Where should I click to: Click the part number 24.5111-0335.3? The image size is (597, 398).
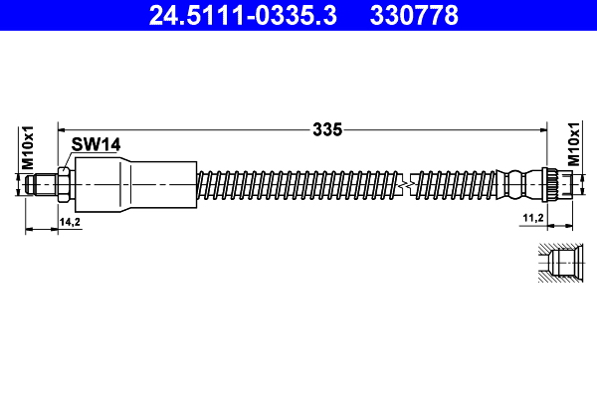(234, 15)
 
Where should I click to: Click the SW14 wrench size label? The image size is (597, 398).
(96, 144)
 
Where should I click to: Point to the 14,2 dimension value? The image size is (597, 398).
(70, 220)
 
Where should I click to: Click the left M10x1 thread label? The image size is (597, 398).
(28, 145)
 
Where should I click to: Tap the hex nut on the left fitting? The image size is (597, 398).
(63, 184)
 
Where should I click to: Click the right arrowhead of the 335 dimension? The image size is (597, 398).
(545, 128)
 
